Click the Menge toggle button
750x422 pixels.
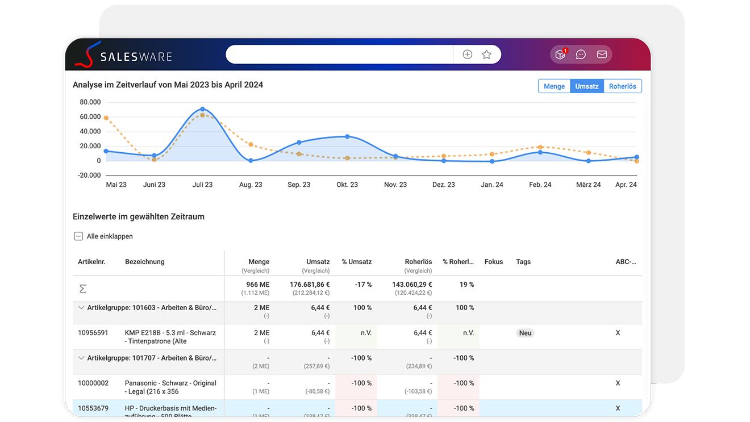(554, 86)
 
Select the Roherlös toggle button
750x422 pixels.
(622, 86)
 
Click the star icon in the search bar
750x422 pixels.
(486, 55)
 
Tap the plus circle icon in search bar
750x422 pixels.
(467, 55)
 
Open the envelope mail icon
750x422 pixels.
(602, 55)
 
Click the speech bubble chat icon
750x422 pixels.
(581, 55)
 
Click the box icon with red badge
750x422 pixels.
(560, 55)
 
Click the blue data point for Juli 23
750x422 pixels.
(202, 109)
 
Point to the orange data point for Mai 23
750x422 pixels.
(106, 118)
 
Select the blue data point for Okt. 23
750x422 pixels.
(347, 136)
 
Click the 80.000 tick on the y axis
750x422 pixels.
(90, 102)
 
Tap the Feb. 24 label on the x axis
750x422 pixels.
(540, 185)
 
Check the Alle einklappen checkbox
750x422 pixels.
(78, 236)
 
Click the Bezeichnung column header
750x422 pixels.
(144, 262)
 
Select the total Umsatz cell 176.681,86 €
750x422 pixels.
(310, 285)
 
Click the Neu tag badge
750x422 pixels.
(525, 333)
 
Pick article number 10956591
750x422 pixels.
(93, 333)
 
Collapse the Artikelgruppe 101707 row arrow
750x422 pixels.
(81, 358)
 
